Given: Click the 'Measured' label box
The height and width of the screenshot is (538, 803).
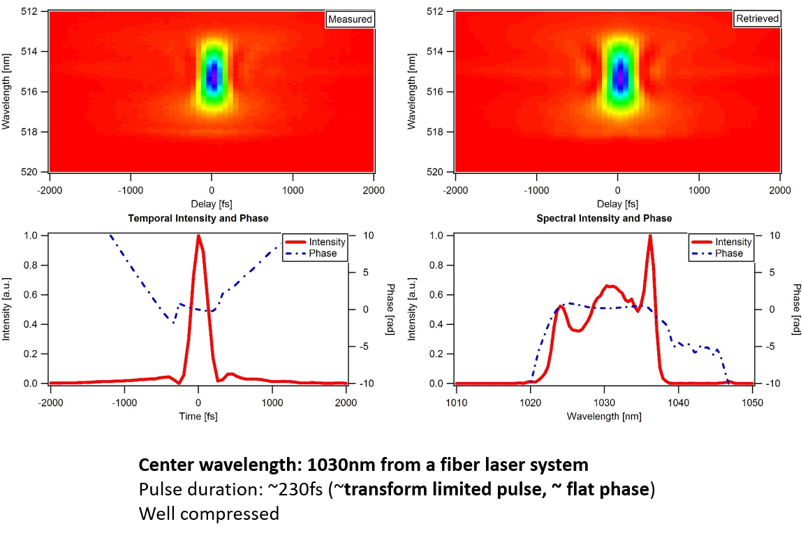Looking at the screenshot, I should (350, 19).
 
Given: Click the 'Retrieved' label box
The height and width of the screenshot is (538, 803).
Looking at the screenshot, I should (757, 19).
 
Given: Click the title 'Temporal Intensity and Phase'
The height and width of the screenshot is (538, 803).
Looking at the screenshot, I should (198, 219).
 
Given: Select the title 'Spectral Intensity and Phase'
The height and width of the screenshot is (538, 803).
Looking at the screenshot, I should (604, 219).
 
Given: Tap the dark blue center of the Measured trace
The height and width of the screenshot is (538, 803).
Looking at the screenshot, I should (212, 73).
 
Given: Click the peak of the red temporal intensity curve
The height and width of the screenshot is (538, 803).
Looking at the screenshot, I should (198, 236).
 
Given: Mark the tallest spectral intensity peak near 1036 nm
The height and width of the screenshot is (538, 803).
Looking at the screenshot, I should (650, 236).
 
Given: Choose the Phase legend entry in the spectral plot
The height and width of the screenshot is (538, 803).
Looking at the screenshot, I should (729, 253).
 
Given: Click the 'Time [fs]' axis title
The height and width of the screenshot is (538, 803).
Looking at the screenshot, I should (198, 416).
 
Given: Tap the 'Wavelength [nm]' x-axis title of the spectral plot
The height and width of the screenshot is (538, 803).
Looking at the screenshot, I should (604, 416).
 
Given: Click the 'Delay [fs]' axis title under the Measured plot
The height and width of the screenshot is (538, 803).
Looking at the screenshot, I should (212, 204).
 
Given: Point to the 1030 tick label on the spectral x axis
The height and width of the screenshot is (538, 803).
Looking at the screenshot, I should (604, 402).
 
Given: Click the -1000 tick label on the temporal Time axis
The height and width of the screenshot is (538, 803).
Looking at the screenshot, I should (124, 402).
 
